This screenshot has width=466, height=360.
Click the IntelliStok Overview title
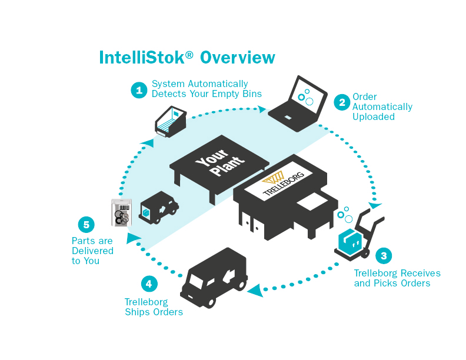187,58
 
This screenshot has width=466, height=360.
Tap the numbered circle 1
138,90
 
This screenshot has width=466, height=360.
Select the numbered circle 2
341,102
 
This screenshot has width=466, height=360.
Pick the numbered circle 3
384,256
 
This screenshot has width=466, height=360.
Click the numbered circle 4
149,284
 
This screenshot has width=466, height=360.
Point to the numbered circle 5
86,225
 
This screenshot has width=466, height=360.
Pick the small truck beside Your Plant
158,208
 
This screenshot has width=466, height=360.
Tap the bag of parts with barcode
122,213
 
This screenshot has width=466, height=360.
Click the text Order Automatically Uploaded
382,106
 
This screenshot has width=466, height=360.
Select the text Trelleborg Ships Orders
154,306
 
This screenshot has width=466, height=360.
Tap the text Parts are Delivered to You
92,250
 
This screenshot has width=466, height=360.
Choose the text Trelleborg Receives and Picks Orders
397,278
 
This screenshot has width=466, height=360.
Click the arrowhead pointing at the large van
255,290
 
